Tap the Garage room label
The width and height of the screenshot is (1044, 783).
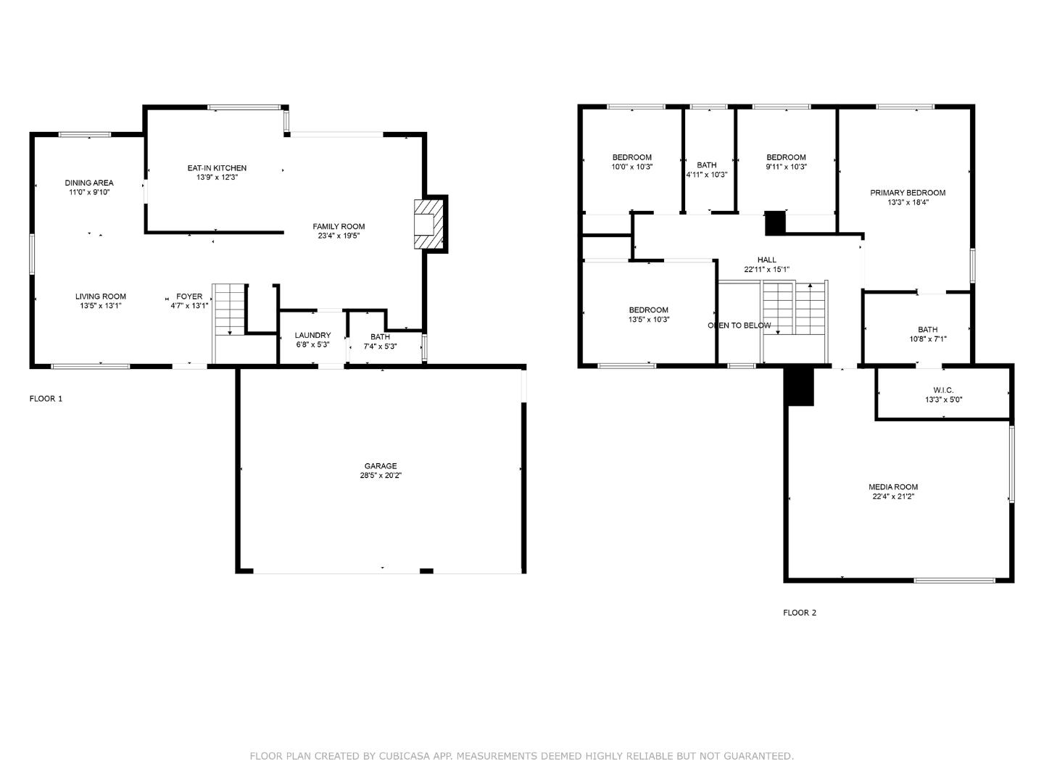click(x=381, y=466)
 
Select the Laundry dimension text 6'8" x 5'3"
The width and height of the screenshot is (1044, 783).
click(x=312, y=345)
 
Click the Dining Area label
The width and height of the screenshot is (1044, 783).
click(x=89, y=183)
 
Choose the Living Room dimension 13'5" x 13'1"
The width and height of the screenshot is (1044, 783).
click(x=101, y=306)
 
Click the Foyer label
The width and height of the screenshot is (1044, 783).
click(x=189, y=297)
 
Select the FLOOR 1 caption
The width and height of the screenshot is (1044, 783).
click(x=46, y=399)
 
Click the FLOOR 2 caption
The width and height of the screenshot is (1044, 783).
click(x=800, y=613)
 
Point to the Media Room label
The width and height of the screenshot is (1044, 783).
click(x=893, y=487)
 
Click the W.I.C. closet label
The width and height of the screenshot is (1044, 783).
click(x=943, y=390)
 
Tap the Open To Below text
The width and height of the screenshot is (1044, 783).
click(x=739, y=326)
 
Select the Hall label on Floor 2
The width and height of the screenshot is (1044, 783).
click(x=766, y=260)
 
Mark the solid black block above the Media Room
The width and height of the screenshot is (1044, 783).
click(x=800, y=386)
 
